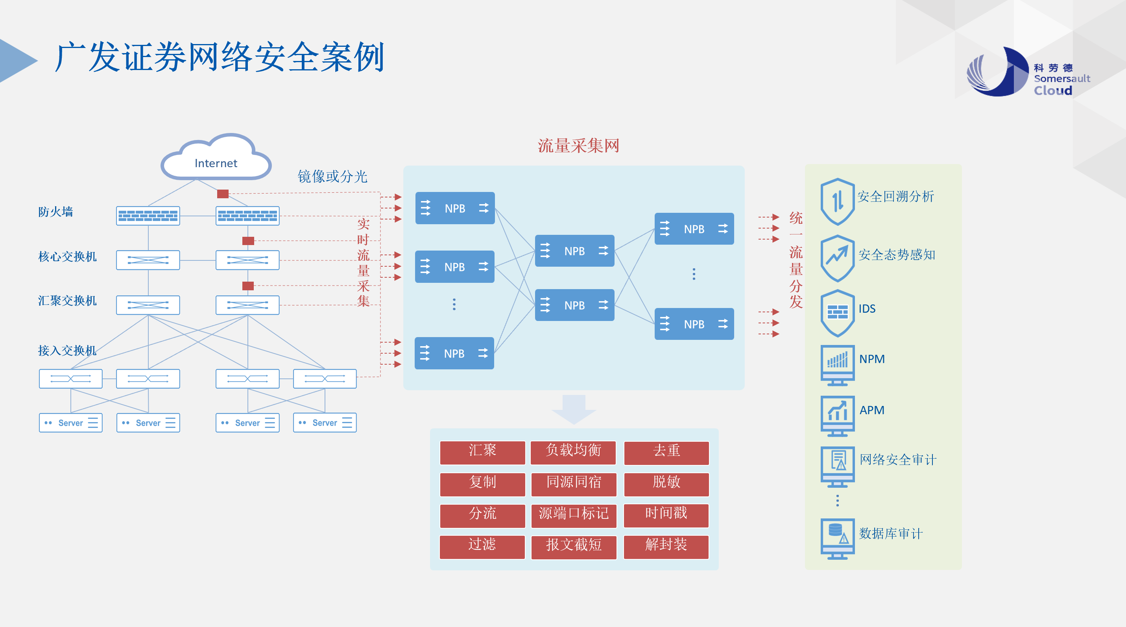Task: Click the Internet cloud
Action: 216,159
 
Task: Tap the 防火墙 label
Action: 55,212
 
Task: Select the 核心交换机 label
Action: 67,256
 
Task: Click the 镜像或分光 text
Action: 332,177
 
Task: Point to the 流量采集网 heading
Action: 578,146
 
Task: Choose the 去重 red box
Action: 666,452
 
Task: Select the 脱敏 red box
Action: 666,483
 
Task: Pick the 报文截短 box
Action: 574,546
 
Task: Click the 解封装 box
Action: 666,546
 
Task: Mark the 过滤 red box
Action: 482,546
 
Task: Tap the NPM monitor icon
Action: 838,364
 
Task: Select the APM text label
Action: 871,410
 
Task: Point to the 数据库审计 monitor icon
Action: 838,538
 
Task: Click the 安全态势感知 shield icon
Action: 838,258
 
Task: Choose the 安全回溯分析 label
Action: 895,197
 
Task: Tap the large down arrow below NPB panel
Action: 574,409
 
